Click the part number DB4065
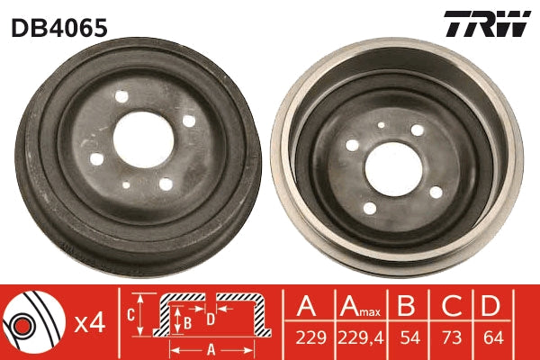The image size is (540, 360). (58, 28)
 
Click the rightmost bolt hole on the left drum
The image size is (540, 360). (188, 121)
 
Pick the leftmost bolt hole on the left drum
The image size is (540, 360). (96, 159)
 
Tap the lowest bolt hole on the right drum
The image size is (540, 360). (369, 208)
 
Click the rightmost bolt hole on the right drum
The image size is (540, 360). (436, 192)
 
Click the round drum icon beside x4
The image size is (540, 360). (32, 323)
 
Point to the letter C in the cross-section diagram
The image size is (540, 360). (130, 315)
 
